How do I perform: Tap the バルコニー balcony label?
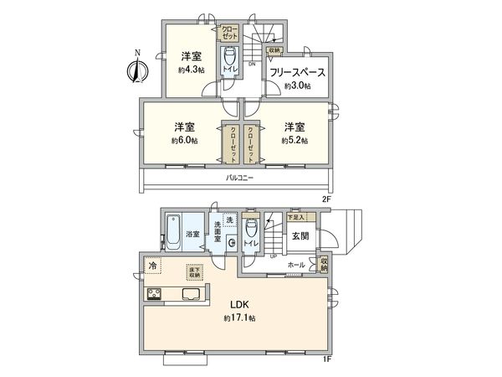(239, 178)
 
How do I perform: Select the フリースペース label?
(297, 73)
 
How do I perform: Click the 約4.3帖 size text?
(190, 70)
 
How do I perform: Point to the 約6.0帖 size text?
(184, 140)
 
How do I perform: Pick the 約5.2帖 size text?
(294, 140)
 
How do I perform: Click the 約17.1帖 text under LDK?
(239, 319)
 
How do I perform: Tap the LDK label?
(239, 304)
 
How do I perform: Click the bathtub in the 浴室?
(173, 230)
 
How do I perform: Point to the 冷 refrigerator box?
(152, 266)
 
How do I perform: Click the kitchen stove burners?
(156, 293)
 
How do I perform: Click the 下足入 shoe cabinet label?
(296, 217)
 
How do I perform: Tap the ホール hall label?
(295, 265)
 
